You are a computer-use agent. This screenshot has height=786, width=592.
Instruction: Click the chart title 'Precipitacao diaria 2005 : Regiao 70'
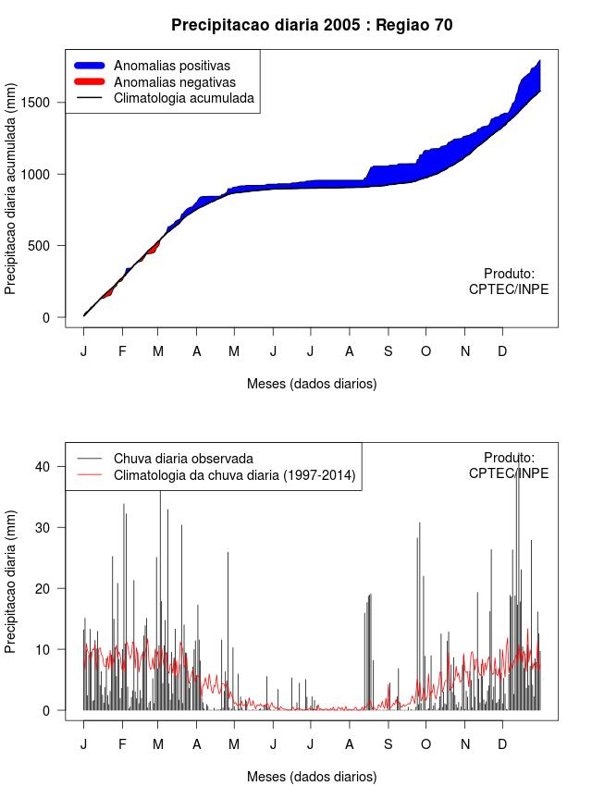(x=312, y=25)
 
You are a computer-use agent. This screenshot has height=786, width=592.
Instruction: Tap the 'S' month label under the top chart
(x=388, y=351)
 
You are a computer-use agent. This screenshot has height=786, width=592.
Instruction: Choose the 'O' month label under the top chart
(x=425, y=351)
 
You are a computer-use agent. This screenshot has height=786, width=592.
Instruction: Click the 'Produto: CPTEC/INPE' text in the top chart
(x=509, y=282)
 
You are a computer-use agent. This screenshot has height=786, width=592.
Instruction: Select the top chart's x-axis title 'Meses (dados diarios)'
(x=312, y=383)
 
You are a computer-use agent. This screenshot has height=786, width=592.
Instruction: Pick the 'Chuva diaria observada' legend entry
(x=183, y=458)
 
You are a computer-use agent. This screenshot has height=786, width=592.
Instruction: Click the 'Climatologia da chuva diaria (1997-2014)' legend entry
(x=234, y=475)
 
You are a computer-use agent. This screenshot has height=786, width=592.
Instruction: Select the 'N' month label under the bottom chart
(x=465, y=744)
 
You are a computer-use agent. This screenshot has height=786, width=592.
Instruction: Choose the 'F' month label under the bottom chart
(x=122, y=744)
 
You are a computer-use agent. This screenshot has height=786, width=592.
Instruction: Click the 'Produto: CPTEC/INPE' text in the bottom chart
(x=509, y=465)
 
